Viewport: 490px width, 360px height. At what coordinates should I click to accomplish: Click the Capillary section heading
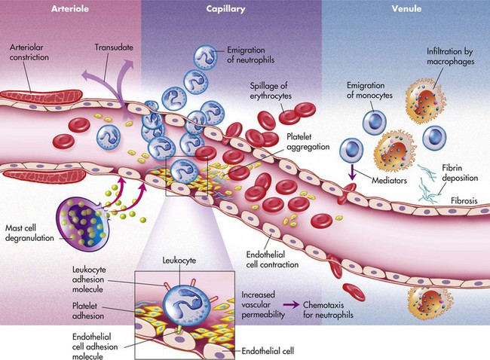point(227,9)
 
